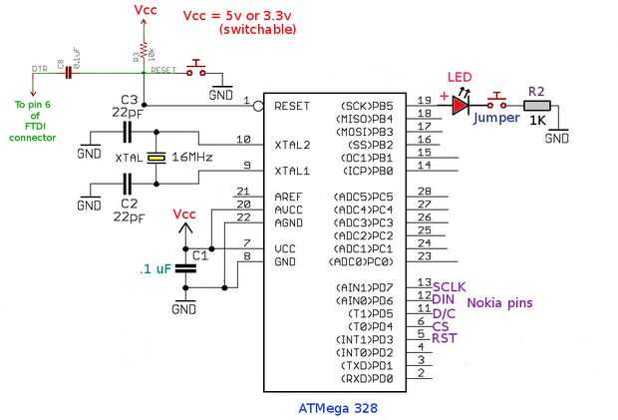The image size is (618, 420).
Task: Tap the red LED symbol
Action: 462,104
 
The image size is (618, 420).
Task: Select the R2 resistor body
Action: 536,104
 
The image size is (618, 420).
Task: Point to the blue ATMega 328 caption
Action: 338,407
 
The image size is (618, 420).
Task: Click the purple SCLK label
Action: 450,285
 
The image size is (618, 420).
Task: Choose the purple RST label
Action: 445,338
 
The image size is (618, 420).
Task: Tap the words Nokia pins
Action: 501,302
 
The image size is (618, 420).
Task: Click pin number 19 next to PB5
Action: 425,99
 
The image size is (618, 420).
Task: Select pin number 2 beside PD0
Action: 422,373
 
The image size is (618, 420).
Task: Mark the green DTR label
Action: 40,69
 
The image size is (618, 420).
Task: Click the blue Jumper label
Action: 496,118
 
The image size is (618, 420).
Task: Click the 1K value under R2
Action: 536,122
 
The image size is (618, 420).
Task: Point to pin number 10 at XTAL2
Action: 244,139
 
